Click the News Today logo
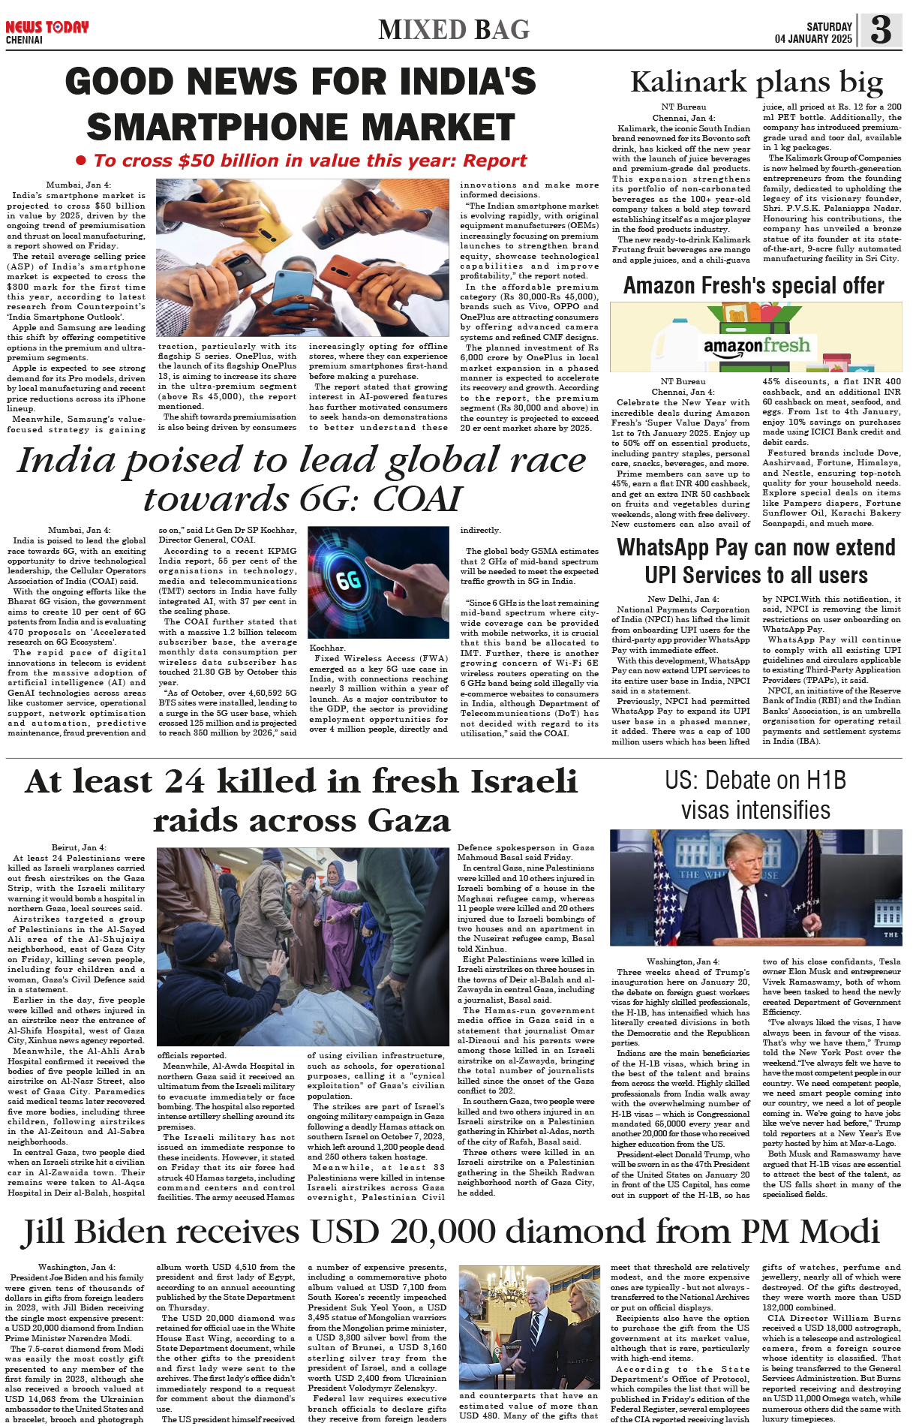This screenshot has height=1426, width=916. (x=47, y=28)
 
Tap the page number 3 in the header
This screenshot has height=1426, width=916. (x=881, y=30)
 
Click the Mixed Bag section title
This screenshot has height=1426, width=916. (x=454, y=30)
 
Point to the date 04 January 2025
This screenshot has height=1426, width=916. (x=813, y=39)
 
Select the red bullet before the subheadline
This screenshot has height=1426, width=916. (x=81, y=161)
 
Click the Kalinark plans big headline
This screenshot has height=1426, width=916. (x=756, y=82)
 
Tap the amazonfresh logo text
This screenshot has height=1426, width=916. (x=757, y=346)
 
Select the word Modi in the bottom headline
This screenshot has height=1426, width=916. (x=839, y=1232)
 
